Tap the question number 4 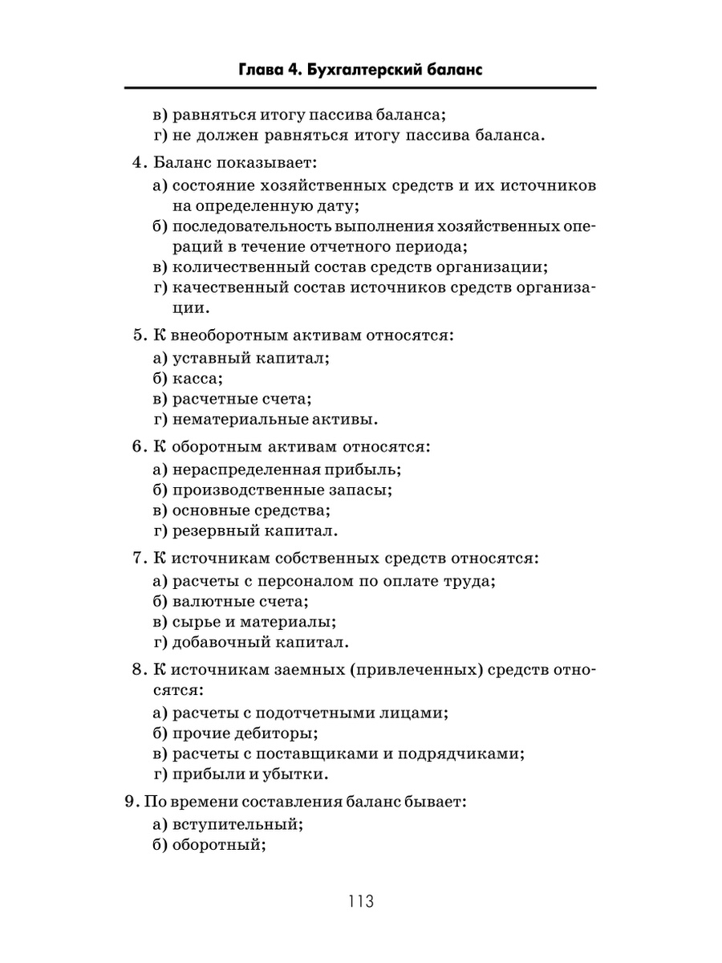pos(137,163)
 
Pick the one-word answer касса pos(197,377)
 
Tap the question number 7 pos(137,556)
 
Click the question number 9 pos(130,800)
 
